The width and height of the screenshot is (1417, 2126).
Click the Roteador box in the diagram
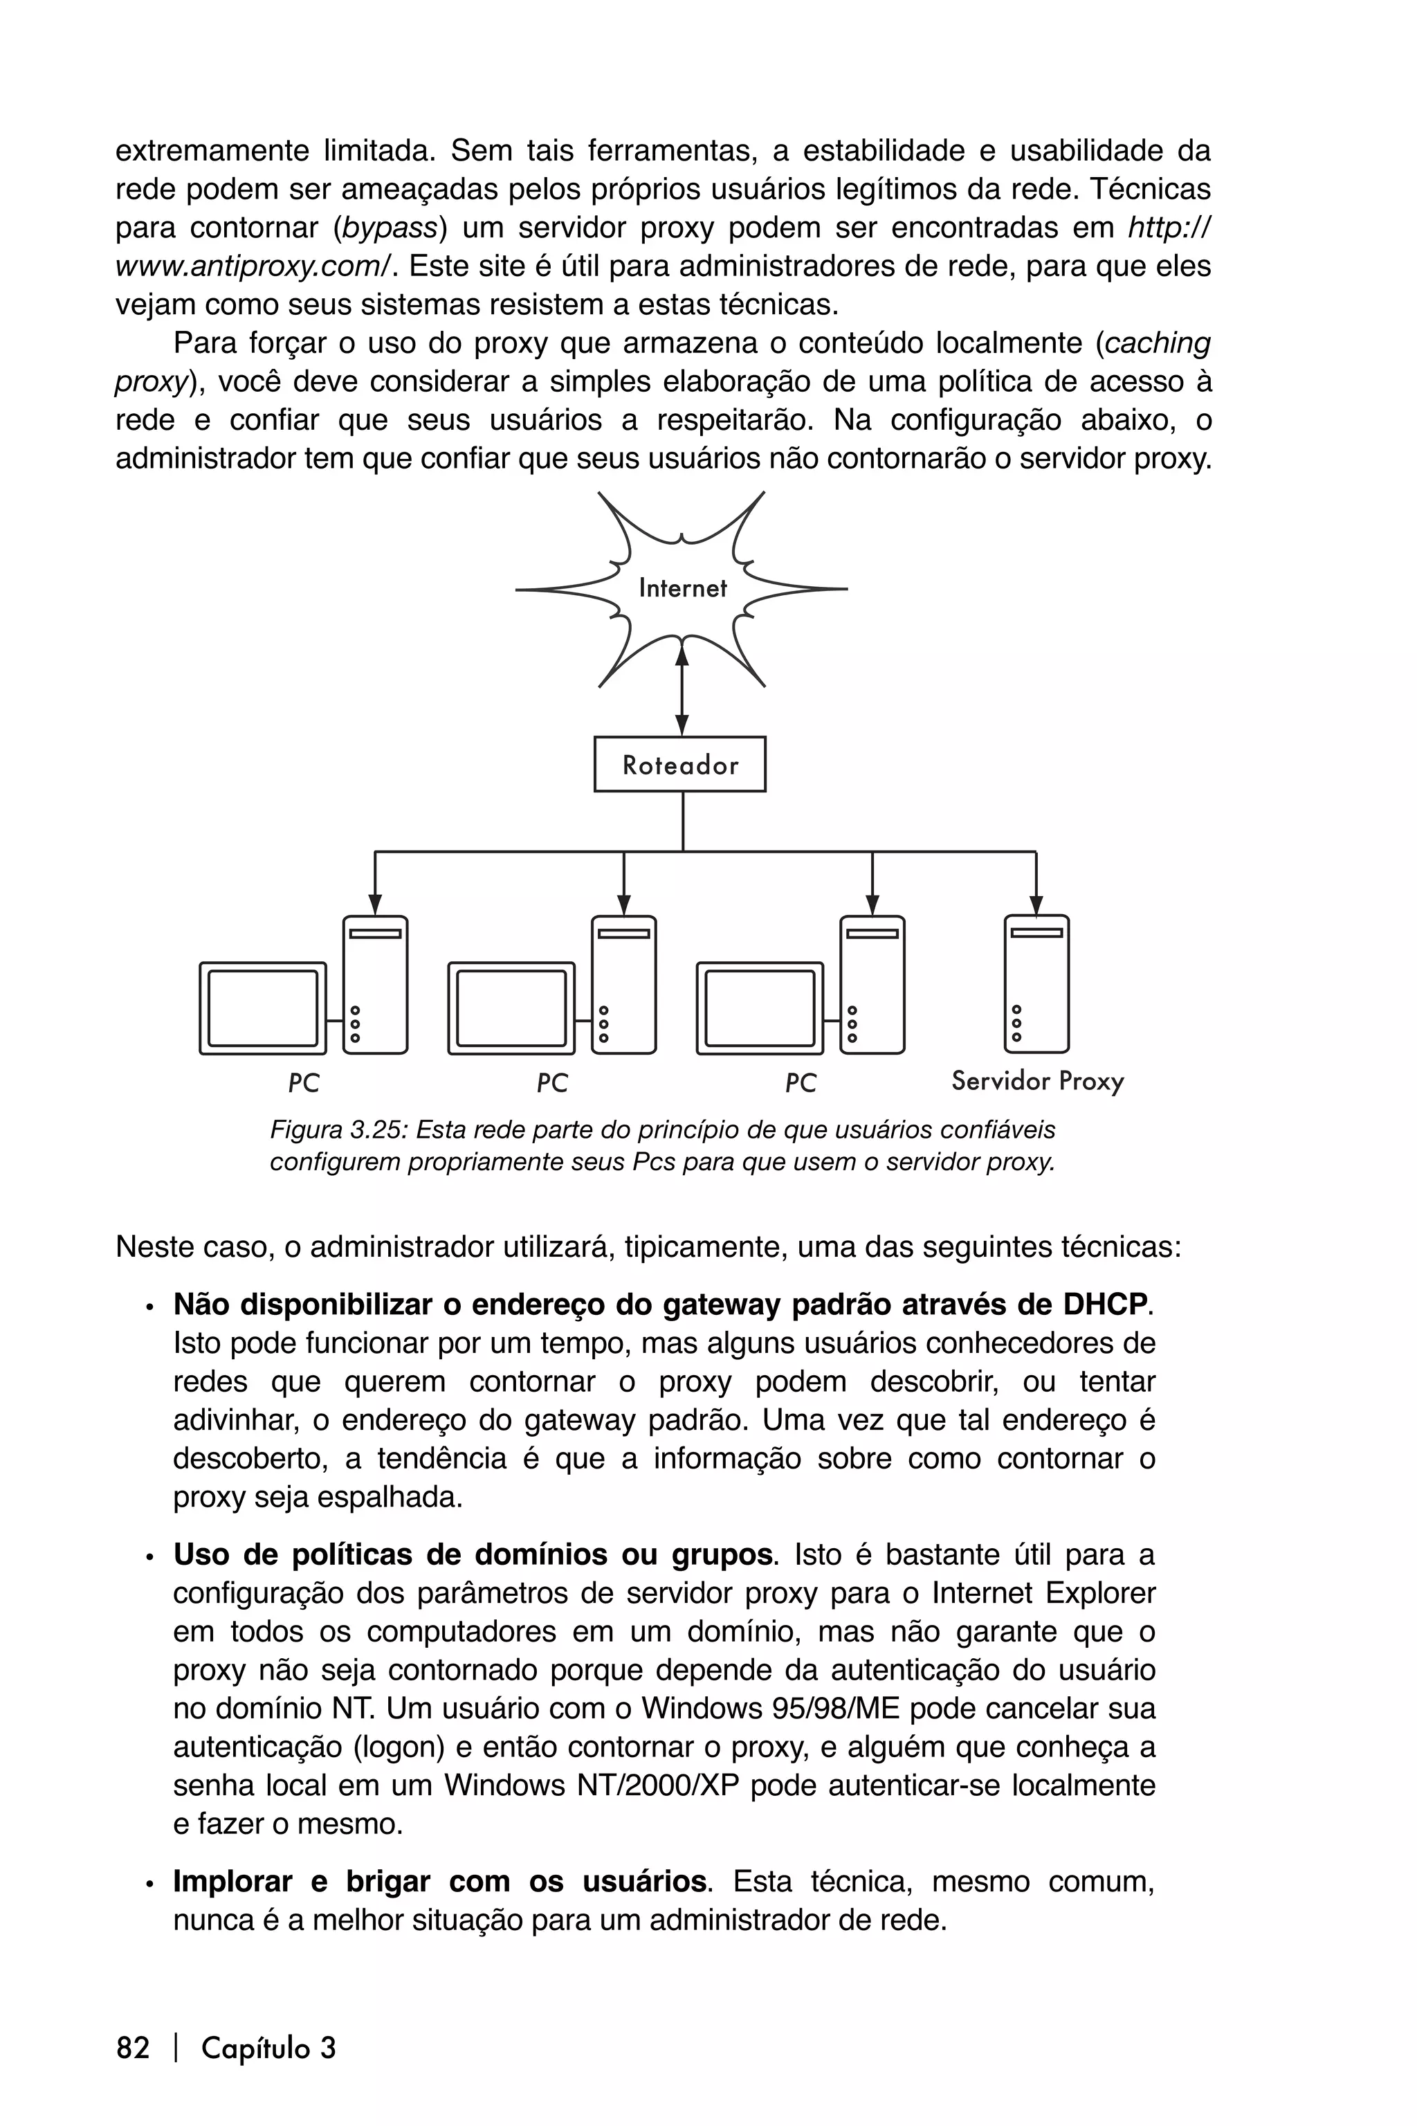tap(679, 765)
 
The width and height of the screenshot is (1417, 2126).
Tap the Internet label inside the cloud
tap(682, 588)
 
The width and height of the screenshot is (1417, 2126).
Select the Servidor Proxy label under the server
tap(1037, 1081)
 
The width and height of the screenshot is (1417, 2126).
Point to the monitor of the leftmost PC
tap(263, 1008)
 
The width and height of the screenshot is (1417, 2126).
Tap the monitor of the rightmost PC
tap(760, 1008)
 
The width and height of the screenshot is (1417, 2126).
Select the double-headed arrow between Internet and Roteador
tap(682, 687)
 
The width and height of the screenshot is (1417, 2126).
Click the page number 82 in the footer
tap(133, 2047)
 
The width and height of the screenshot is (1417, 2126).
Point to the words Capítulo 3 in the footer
tap(268, 2047)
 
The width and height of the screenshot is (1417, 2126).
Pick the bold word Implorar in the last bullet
tap(232, 1881)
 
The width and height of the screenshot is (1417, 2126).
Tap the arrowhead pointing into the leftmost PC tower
tap(375, 904)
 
